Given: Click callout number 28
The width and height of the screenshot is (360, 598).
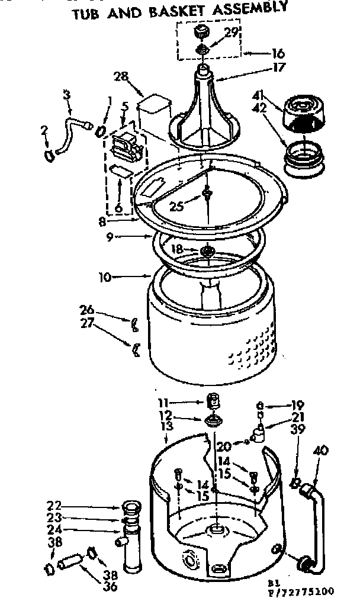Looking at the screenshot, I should pyautogui.click(x=121, y=78).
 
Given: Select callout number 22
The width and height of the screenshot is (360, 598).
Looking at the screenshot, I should pyautogui.click(x=54, y=506).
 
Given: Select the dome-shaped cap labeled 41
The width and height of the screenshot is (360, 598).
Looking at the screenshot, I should pyautogui.click(x=307, y=112).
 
